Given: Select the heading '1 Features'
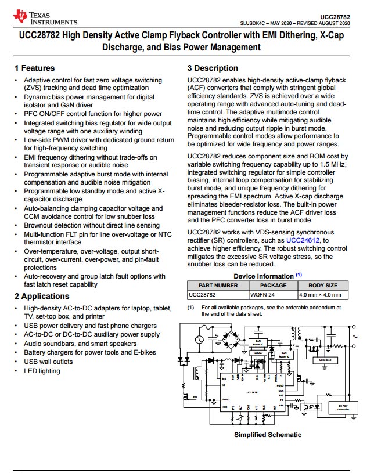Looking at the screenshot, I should pos(35,68).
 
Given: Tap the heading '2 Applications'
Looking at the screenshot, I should pos(42,297).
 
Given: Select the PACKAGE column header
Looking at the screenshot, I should pos(273,286).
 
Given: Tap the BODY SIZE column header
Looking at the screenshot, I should pos(322,286).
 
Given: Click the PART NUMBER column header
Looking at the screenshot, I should pos(218,286).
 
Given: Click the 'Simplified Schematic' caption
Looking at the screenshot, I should pos(268,435).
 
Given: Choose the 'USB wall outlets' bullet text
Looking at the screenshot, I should pos(49,362).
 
